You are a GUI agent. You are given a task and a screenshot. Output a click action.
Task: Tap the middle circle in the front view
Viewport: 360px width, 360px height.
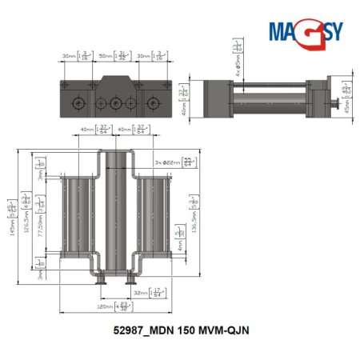116,103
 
